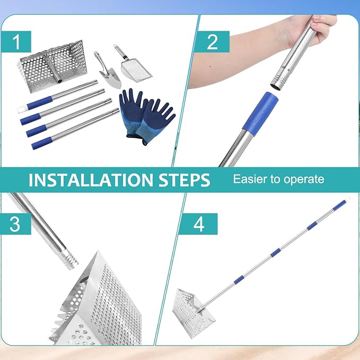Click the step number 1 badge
coord(16,42)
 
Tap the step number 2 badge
coord(212,42)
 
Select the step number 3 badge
coord(15,224)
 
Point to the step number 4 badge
coord(198,224)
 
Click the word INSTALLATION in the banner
coord(91,180)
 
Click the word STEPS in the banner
coord(184,180)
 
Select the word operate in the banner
coord(304,180)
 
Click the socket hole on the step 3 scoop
coord(84,279)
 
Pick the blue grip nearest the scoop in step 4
coord(239,279)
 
